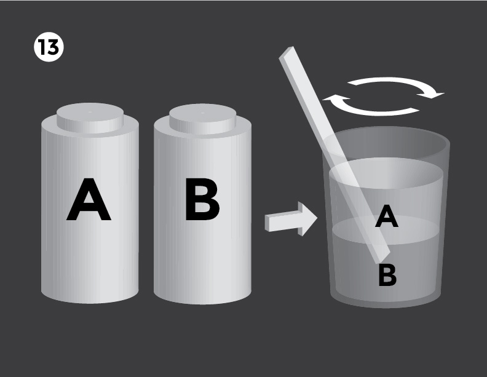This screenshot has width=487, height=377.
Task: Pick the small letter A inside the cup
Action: [386, 216]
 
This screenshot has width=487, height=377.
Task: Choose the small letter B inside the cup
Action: [387, 275]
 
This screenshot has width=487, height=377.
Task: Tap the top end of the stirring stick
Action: [285, 54]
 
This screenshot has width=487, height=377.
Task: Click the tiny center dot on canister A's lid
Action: [90, 112]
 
